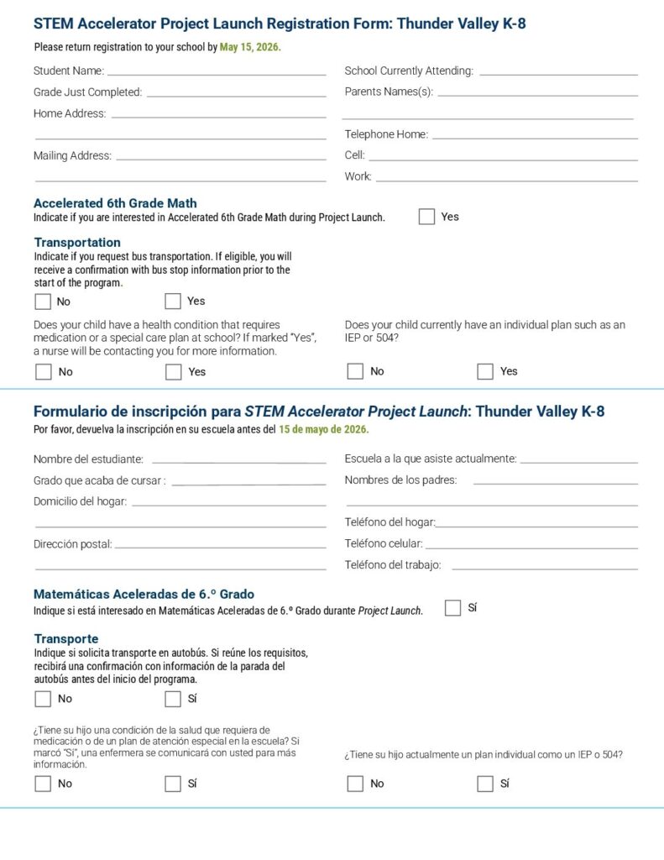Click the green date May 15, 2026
coord(250,47)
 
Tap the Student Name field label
coord(69,71)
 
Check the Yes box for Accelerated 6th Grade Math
coord(426,217)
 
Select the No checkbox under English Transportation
coord(43,302)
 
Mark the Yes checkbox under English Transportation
coord(173,302)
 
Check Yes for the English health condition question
coord(173,372)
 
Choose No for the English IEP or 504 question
coord(355,371)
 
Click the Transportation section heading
coord(77,243)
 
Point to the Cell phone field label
coord(354,155)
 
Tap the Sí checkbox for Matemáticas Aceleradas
coord(452,608)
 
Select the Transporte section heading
coord(65,639)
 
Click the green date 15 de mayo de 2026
coord(323,430)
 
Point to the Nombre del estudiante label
coord(88,459)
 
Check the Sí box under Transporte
coord(173,699)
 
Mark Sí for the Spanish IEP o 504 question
coord(484,784)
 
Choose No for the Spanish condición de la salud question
coord(43,784)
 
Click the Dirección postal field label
coord(72,544)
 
